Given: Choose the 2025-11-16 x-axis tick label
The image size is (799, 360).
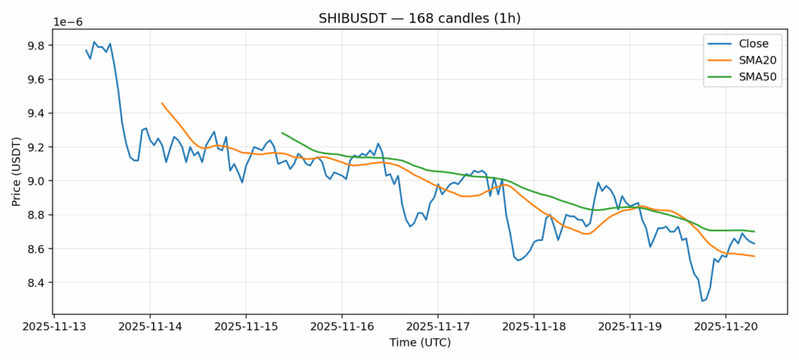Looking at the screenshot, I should click(x=342, y=327).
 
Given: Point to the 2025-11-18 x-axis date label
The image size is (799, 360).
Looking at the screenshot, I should click(x=533, y=327).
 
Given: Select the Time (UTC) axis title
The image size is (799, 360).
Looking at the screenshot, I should click(x=420, y=343).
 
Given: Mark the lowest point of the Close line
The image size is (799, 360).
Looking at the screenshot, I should click(x=702, y=301).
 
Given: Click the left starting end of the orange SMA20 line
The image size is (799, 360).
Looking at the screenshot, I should click(x=162, y=103).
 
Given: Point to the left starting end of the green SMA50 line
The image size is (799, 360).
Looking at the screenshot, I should click(x=282, y=132).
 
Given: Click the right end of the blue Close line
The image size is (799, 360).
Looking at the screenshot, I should click(x=754, y=243).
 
